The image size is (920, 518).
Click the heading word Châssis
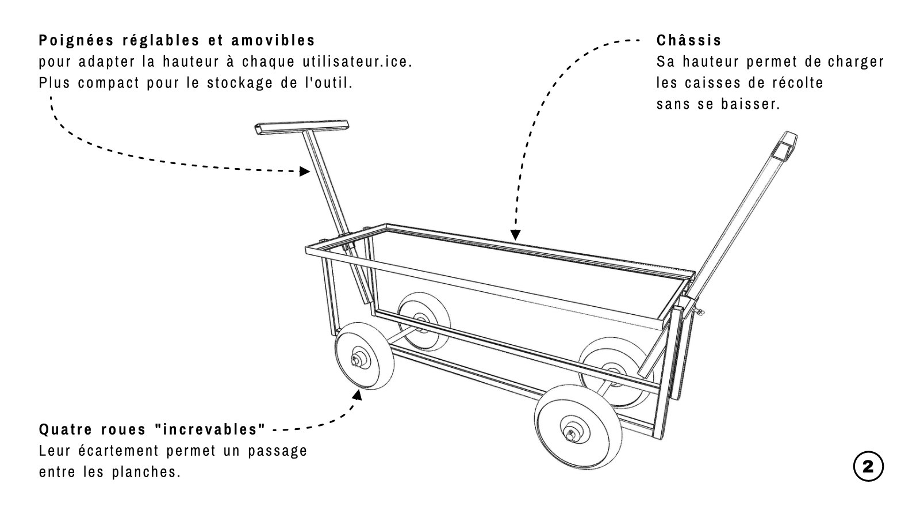tap(688, 41)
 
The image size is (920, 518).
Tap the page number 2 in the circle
tap(868, 467)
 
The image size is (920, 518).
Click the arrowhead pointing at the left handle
tap(305, 171)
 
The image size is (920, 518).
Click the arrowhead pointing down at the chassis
tap(515, 234)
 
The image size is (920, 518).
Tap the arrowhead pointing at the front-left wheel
tap(358, 395)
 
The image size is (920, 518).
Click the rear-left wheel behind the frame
tap(424, 318)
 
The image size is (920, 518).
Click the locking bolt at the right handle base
tap(699, 313)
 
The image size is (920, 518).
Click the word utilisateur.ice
tap(356, 62)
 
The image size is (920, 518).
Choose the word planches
tap(148, 472)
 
